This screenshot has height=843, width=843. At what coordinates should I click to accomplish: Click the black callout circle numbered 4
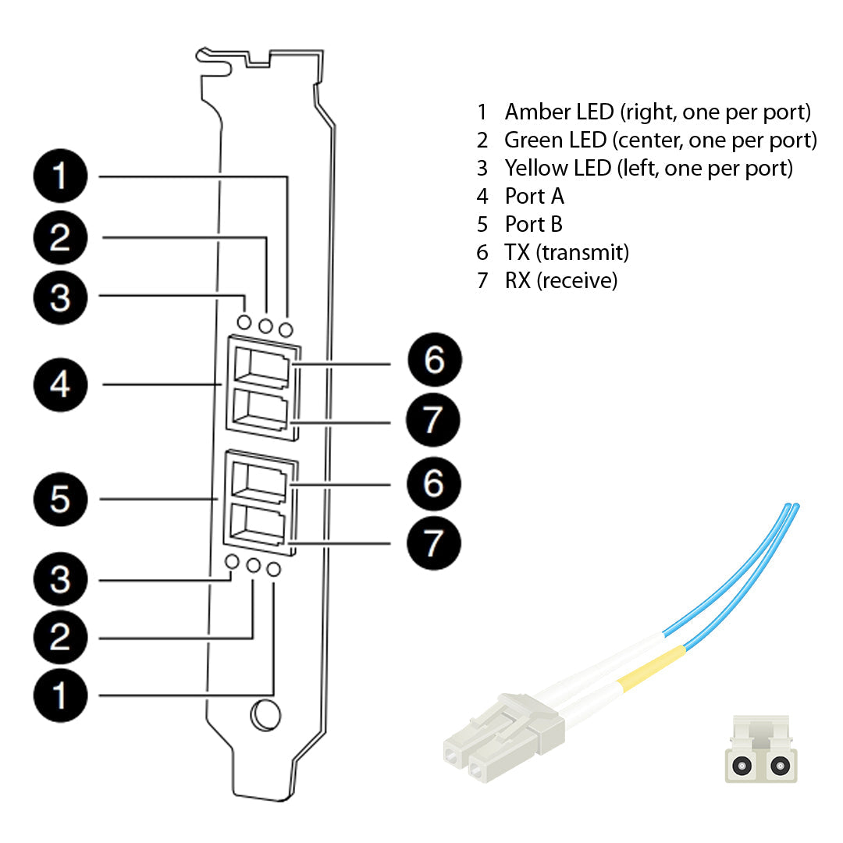point(60,385)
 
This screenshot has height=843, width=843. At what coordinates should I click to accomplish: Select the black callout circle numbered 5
point(60,500)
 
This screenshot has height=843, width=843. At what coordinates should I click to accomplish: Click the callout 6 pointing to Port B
point(434,484)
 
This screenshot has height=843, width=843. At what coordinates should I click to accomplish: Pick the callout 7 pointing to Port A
point(434,421)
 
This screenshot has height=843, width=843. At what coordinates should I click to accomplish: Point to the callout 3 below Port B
point(60,581)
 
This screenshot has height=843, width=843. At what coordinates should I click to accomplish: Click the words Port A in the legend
point(534,196)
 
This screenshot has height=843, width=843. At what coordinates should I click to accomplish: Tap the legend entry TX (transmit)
point(567,252)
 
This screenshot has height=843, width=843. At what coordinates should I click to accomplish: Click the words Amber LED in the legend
point(559,112)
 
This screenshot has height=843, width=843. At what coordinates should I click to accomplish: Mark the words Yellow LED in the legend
point(557,168)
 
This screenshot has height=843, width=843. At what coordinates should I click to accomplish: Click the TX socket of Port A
point(261,365)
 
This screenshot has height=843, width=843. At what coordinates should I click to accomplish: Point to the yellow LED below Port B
point(232,562)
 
